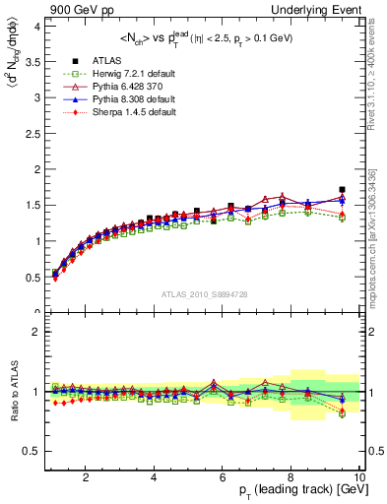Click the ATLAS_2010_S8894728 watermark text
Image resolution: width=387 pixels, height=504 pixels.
click(204, 294)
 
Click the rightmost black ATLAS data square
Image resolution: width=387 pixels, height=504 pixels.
click(342, 189)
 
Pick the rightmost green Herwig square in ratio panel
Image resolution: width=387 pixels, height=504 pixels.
click(342, 413)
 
